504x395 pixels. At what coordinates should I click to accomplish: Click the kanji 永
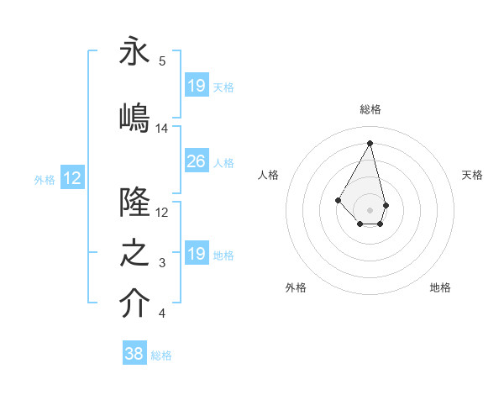pos(134,52)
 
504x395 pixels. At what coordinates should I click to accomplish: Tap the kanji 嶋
pos(134,117)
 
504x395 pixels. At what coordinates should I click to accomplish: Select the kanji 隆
pos(134,203)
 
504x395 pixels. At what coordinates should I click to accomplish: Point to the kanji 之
pos(134,255)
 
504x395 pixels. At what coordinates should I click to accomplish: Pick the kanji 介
pos(134,304)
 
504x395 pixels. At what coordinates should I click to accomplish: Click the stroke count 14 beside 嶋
pos(162,129)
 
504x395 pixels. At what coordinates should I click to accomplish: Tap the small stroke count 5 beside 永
pos(162,61)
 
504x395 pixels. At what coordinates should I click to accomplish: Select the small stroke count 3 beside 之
pos(162,264)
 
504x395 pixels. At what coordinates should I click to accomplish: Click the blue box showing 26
pos(196,162)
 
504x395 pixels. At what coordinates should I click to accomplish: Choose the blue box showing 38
pos(134,354)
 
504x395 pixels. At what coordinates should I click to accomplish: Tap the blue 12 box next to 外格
pos(72,178)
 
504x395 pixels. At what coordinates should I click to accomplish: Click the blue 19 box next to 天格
pos(196,86)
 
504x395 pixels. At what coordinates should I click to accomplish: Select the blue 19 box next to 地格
pos(196,254)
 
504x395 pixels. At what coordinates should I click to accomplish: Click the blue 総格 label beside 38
pos(161,355)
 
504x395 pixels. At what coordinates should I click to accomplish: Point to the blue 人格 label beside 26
pos(223,163)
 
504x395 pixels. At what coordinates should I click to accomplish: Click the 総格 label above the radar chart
pos(370,109)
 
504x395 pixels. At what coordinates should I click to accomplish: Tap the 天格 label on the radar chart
pos(472,175)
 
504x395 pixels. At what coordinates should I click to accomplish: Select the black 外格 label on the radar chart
pos(296,287)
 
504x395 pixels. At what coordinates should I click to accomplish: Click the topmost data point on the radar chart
pos(370,143)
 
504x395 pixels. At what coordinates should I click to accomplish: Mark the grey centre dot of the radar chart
pos(370,209)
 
